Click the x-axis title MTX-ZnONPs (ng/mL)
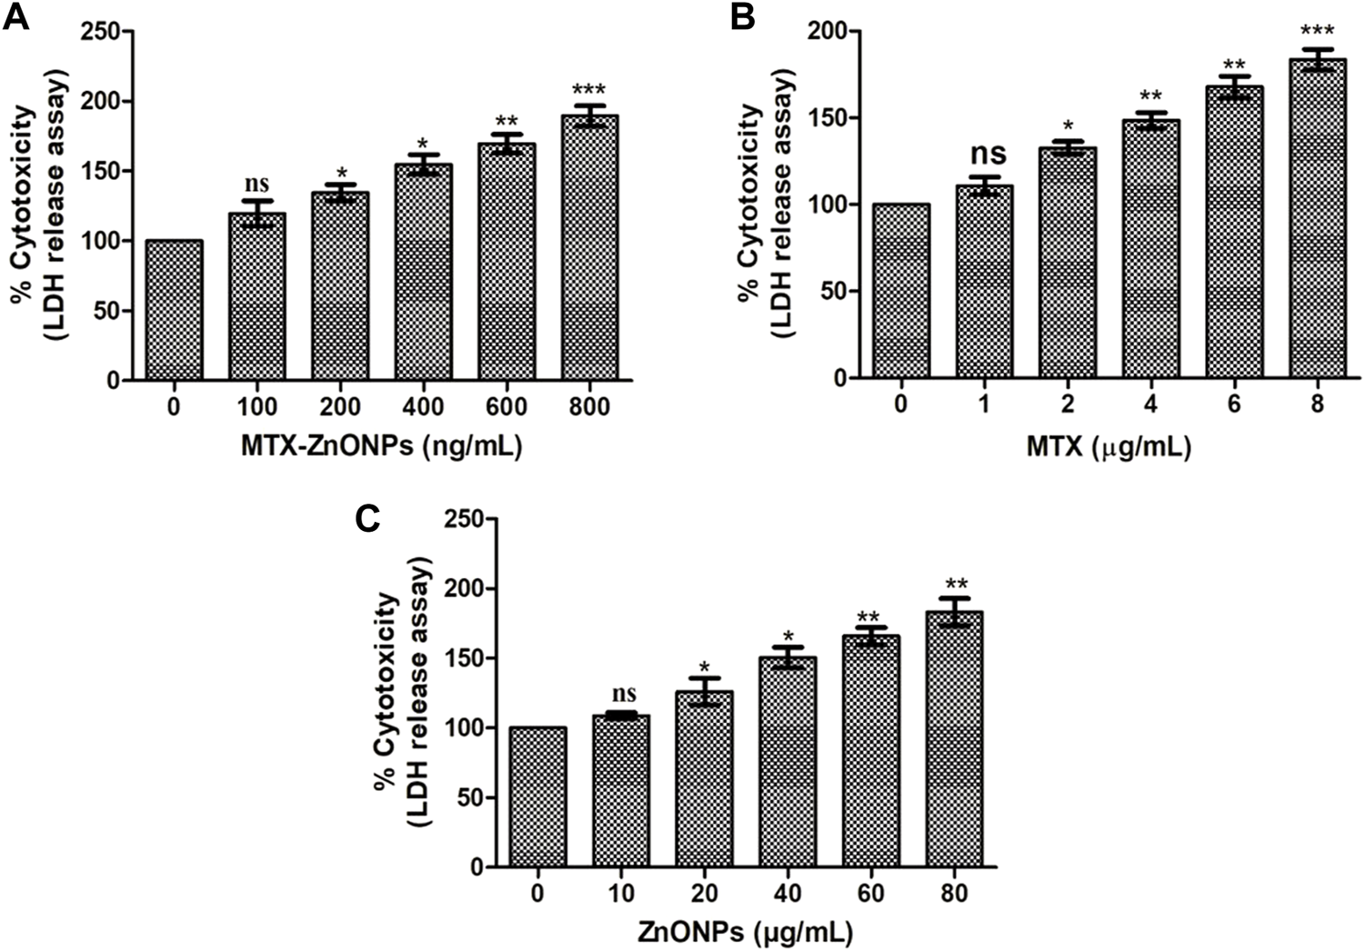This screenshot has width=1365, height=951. coord(381,446)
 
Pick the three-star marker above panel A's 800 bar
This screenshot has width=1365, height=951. coord(589,90)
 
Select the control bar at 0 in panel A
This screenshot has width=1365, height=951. coord(174,310)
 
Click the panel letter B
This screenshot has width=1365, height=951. coord(742,17)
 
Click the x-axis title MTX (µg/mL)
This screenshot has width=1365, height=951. coord(1109,446)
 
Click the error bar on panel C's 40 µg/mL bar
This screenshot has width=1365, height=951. coord(788,657)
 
